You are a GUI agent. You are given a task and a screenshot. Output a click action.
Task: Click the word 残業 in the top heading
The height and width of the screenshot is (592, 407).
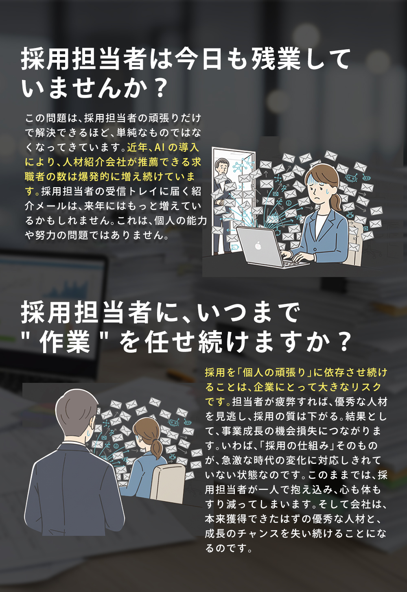coord(276,59)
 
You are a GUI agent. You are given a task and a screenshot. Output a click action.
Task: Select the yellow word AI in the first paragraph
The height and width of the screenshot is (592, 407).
coord(160,147)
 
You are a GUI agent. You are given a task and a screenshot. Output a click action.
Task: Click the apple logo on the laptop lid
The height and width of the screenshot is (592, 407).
coord(258,245)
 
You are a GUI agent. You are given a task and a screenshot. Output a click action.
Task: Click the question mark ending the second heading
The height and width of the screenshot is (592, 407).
coord(344,342)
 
